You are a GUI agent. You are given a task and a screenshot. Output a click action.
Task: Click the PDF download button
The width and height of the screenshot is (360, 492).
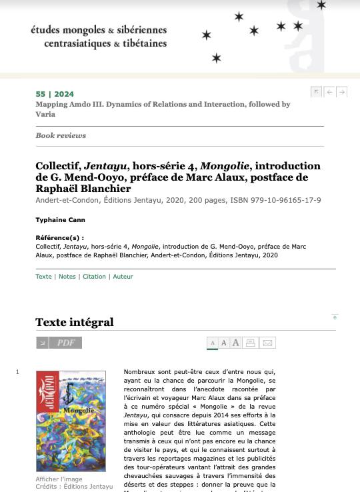click(59, 343)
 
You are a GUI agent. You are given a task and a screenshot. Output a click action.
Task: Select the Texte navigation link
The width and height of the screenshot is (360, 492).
click(43, 277)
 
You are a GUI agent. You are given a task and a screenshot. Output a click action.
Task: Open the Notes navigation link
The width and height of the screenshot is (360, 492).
click(67, 277)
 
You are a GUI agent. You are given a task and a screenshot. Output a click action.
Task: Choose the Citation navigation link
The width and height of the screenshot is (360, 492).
click(94, 277)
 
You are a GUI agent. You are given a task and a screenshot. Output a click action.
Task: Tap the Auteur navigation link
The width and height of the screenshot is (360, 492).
click(123, 277)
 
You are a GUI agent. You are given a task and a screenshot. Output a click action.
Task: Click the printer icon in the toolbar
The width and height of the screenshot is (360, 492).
click(251, 343)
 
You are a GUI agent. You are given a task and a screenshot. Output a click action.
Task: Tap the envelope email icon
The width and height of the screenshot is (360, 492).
click(268, 343)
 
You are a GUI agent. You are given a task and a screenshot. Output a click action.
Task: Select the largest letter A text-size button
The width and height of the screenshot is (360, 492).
click(235, 343)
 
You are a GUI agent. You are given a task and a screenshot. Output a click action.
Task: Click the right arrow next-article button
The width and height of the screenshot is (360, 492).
click(341, 92)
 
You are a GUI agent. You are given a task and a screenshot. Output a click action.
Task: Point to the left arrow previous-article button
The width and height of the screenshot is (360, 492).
click(329, 92)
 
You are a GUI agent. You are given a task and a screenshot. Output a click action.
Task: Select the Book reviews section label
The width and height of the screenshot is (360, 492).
click(61, 135)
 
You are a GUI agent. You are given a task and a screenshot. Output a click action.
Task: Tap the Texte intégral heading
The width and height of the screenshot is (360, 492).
click(75, 323)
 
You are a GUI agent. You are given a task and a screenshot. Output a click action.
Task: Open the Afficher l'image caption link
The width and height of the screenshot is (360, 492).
click(59, 479)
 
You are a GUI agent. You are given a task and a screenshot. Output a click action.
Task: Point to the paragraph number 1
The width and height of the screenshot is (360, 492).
click(17, 372)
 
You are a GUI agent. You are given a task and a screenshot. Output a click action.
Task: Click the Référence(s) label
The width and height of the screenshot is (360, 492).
click(59, 238)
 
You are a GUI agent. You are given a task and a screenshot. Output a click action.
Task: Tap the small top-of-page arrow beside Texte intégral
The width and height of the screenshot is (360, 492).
click(335, 317)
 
